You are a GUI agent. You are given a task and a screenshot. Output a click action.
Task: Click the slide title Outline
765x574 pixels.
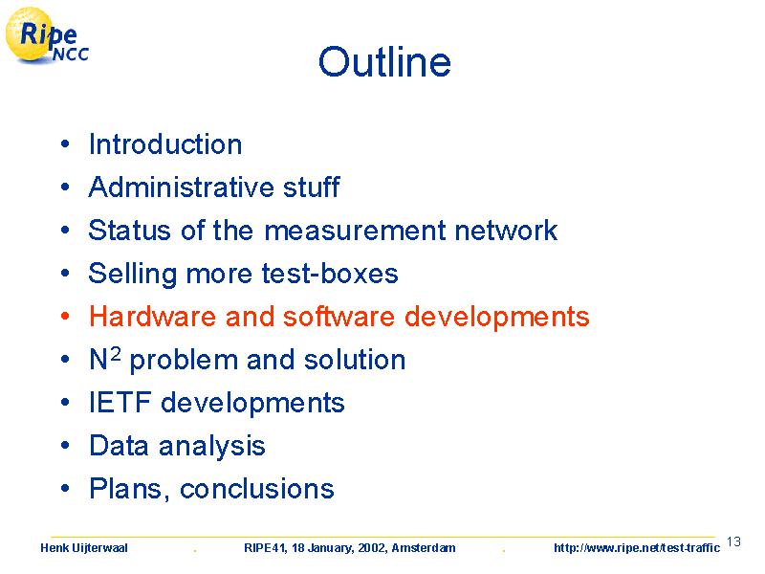tap(384, 61)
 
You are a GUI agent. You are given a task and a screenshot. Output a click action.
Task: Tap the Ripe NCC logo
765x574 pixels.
tap(47, 36)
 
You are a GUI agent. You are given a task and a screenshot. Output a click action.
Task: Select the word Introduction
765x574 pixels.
tap(165, 144)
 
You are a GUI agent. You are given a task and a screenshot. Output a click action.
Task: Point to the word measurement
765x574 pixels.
tap(355, 231)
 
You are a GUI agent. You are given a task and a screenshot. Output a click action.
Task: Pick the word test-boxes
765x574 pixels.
tap(330, 274)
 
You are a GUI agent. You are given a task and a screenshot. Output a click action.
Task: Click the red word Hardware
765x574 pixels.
tap(153, 317)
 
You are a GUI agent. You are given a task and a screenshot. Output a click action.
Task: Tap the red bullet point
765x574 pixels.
tap(65, 317)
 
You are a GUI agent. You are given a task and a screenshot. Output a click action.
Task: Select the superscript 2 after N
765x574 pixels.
tap(115, 353)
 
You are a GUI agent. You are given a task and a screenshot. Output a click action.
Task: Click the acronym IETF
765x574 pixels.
tap(120, 403)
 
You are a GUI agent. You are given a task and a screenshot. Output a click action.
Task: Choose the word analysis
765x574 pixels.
tap(212, 447)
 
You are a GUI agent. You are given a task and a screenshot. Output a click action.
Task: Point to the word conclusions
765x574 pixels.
tap(257, 489)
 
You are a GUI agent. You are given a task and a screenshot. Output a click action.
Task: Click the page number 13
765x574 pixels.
tap(733, 541)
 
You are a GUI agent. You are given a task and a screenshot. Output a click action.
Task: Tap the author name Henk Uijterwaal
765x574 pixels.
tap(84, 548)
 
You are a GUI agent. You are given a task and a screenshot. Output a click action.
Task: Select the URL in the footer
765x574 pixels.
tap(637, 548)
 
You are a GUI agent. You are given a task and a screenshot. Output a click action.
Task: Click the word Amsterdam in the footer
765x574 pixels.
tap(424, 548)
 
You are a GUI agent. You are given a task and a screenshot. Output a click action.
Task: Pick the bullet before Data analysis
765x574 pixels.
tap(65, 446)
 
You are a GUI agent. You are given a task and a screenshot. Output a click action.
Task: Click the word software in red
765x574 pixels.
tap(339, 317)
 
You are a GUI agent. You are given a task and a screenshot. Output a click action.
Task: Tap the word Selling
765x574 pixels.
tap(133, 274)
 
